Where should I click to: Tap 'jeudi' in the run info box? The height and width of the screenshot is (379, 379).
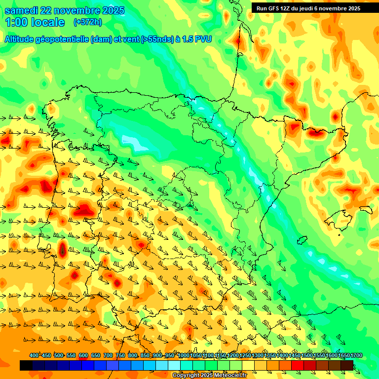coord(311,8)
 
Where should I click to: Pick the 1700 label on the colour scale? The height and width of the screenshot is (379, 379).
coord(356,355)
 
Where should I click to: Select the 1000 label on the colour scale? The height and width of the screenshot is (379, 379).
coord(183,355)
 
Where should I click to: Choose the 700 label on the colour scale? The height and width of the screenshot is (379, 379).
coord(108,355)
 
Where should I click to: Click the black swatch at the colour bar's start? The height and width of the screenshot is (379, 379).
coord(26,365)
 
